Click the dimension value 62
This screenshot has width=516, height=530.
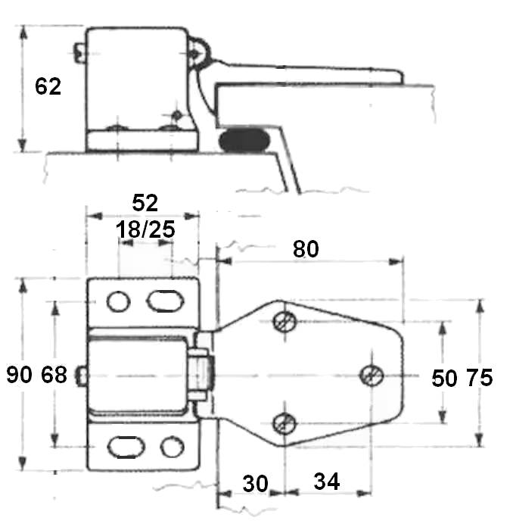[x=48, y=86]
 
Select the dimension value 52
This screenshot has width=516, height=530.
[x=145, y=203]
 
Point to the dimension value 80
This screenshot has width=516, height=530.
[x=305, y=249]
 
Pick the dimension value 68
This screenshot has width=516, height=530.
[x=52, y=374]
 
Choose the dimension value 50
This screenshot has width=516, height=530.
[x=444, y=378]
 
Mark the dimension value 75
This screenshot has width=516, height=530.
[x=478, y=378]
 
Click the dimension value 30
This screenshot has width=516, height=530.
[x=256, y=482]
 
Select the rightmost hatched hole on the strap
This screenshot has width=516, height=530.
[x=371, y=375]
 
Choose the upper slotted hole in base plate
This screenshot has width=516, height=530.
[x=164, y=301]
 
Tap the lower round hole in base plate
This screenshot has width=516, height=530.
[x=172, y=447]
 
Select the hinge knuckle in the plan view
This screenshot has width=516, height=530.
[x=203, y=372]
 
